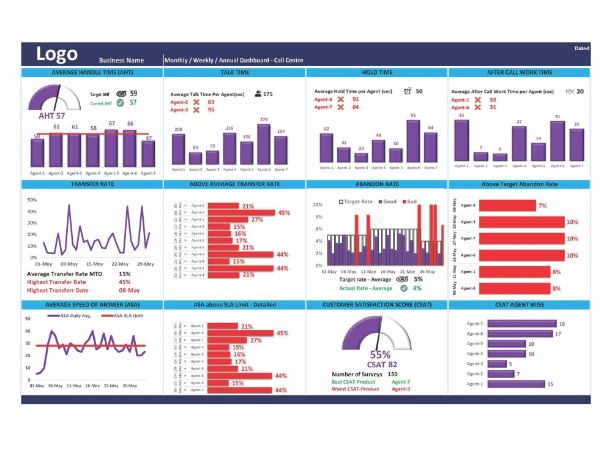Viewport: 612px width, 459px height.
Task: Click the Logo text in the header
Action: pyautogui.click(x=57, y=54)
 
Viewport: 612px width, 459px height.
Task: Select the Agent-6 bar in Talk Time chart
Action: pyautogui.click(x=264, y=144)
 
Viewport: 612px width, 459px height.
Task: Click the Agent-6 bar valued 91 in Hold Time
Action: pyautogui.click(x=413, y=141)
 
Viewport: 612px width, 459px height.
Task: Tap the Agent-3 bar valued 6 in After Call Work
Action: pyautogui.click(x=500, y=157)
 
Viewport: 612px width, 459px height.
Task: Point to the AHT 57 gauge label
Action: pyautogui.click(x=52, y=115)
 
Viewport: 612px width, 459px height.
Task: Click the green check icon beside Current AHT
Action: pyautogui.click(x=120, y=103)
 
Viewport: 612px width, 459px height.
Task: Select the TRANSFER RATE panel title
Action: pyautogui.click(x=92, y=184)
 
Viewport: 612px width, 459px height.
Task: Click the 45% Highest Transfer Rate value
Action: pyautogui.click(x=125, y=282)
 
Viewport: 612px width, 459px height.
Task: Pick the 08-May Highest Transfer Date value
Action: pyautogui.click(x=129, y=291)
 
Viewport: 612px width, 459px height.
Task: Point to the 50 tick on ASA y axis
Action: pyautogui.click(x=28, y=319)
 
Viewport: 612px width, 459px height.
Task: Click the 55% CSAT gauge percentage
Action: pyautogui.click(x=381, y=355)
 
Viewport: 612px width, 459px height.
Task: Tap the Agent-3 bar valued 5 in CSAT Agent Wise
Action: pyautogui.click(x=496, y=364)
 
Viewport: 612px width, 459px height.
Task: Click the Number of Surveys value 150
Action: pyautogui.click(x=392, y=374)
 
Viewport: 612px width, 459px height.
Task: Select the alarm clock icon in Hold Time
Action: pyautogui.click(x=408, y=91)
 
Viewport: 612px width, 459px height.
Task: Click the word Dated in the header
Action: pyautogui.click(x=581, y=48)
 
